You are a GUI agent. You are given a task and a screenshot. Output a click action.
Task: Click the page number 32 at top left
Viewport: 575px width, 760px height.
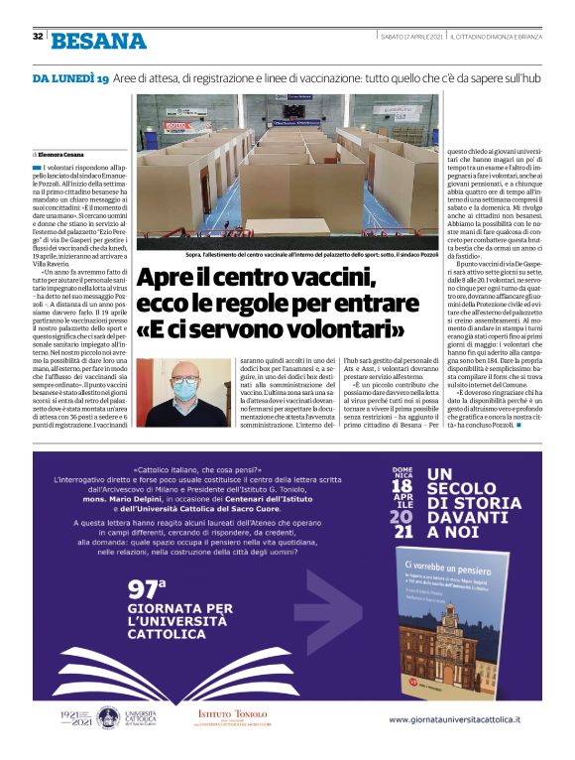click(37, 37)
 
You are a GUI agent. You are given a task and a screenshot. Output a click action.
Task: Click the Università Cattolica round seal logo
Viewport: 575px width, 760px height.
click(107, 743)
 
